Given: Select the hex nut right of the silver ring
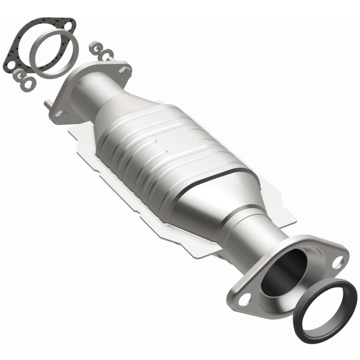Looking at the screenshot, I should coord(95,46).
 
